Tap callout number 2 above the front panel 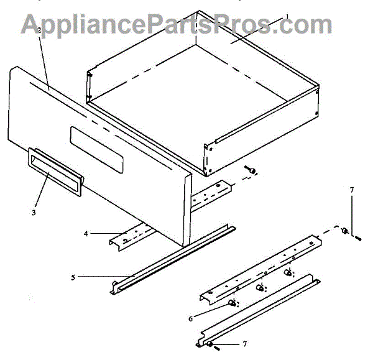click(39, 30)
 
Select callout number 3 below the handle click(34, 213)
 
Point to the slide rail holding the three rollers click(261, 264)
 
